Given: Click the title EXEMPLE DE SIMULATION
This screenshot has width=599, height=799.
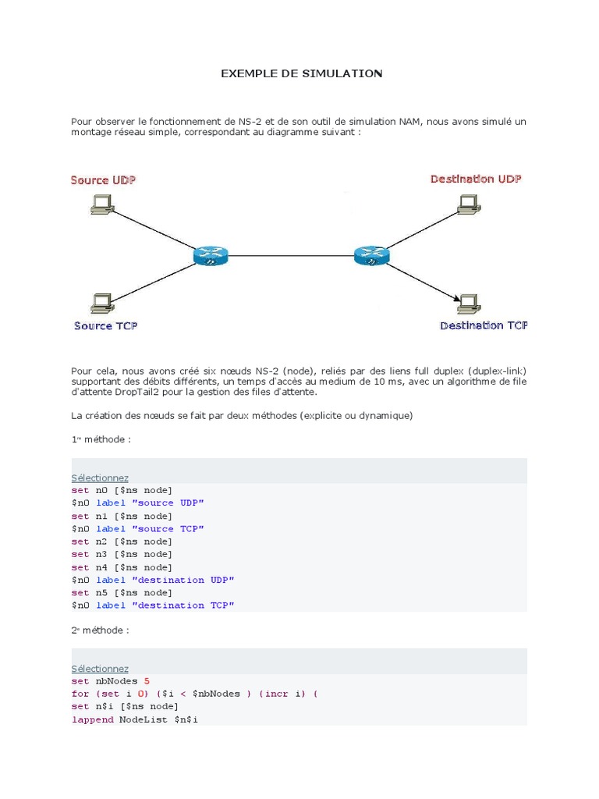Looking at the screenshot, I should (302, 74).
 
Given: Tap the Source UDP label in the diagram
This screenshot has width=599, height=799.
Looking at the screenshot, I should (103, 180).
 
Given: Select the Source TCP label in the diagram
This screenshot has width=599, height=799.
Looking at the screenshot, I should (106, 325).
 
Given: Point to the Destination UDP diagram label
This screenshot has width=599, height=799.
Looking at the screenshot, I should (476, 179).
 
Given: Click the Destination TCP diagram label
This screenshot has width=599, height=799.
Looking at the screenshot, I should (484, 325).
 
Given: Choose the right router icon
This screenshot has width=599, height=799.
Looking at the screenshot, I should (370, 254).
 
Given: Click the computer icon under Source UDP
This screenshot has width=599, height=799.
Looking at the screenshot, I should (103, 204).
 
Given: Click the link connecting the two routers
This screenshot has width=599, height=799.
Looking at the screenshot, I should (290, 255).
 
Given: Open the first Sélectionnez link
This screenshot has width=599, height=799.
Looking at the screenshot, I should (100, 478).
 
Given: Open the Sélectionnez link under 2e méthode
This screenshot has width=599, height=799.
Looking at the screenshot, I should (100, 669).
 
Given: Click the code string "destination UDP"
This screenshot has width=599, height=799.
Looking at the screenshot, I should (183, 580).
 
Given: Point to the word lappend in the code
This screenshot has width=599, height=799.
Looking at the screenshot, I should (92, 719).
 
